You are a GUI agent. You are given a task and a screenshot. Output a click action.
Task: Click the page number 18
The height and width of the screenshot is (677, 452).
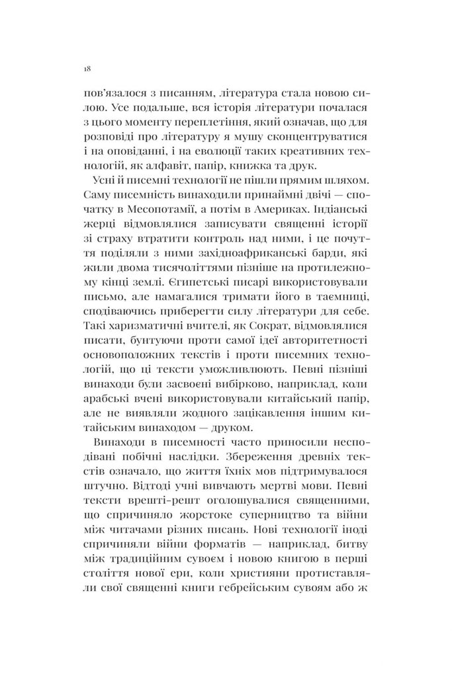[x=88, y=68]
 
